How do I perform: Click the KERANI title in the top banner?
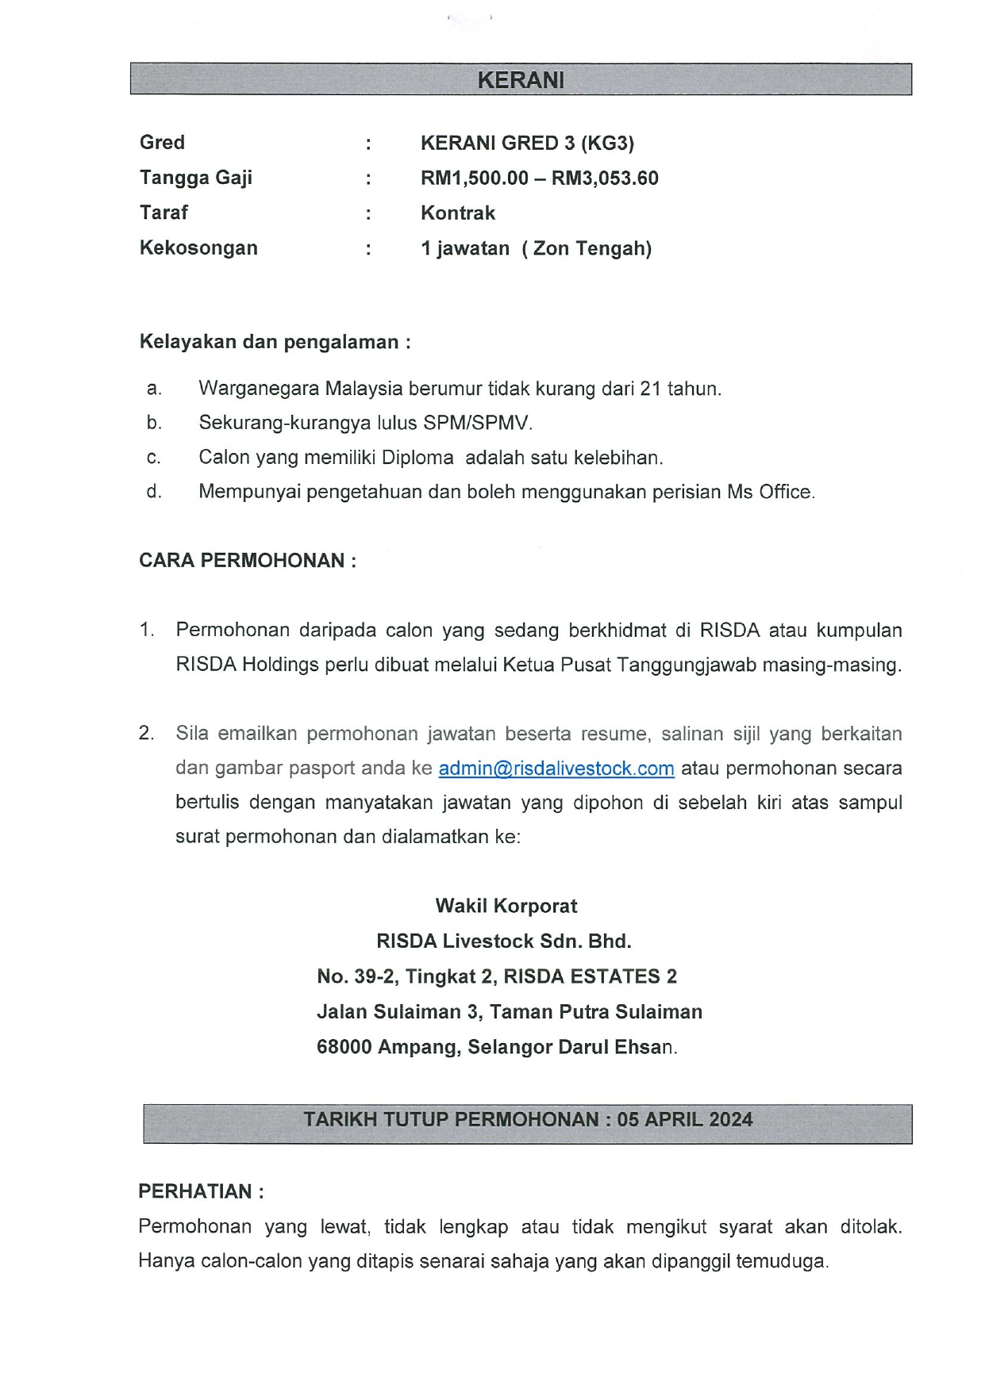click(521, 80)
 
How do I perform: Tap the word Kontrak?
click(458, 213)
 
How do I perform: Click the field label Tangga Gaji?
click(196, 178)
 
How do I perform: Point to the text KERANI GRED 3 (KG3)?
click(527, 144)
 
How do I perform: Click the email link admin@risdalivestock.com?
click(556, 769)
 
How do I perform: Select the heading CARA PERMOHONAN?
click(247, 561)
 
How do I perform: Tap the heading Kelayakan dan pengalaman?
click(275, 343)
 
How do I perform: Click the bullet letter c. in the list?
click(154, 458)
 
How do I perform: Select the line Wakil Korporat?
click(506, 907)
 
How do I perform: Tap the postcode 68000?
click(344, 1047)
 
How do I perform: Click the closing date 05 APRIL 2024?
click(684, 1120)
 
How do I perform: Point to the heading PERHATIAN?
click(200, 1191)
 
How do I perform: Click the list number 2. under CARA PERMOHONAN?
click(147, 734)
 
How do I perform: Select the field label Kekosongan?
click(198, 248)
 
